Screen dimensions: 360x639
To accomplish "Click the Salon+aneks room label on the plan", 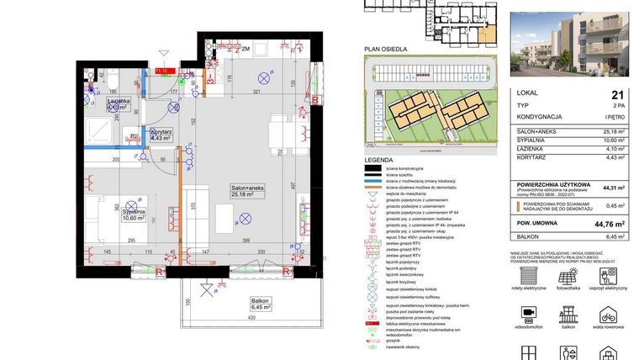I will point(248,191).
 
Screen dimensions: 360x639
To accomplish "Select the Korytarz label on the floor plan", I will point(161,135).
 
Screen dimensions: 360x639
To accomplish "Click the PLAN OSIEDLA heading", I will point(383,50).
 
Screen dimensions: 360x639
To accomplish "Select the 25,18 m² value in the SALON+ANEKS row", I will point(616,132).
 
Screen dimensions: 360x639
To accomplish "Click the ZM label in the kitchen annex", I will point(246,50).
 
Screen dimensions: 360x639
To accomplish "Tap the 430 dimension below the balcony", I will point(250,319).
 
